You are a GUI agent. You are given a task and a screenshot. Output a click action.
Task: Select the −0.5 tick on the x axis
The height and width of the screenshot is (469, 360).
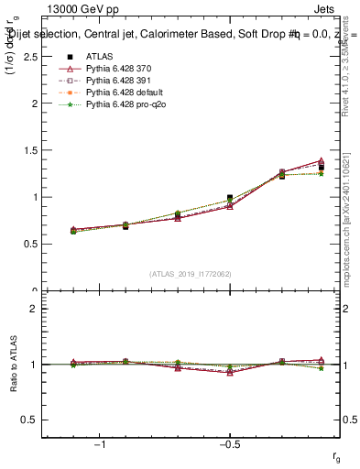tap(228, 444)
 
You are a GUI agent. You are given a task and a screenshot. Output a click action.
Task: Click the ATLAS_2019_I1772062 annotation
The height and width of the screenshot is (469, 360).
tap(191, 273)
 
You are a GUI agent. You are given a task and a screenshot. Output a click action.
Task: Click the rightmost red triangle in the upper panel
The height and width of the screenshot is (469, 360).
tap(321, 161)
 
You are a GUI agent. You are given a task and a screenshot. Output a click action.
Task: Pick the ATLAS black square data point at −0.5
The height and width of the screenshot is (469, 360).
tap(230, 198)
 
